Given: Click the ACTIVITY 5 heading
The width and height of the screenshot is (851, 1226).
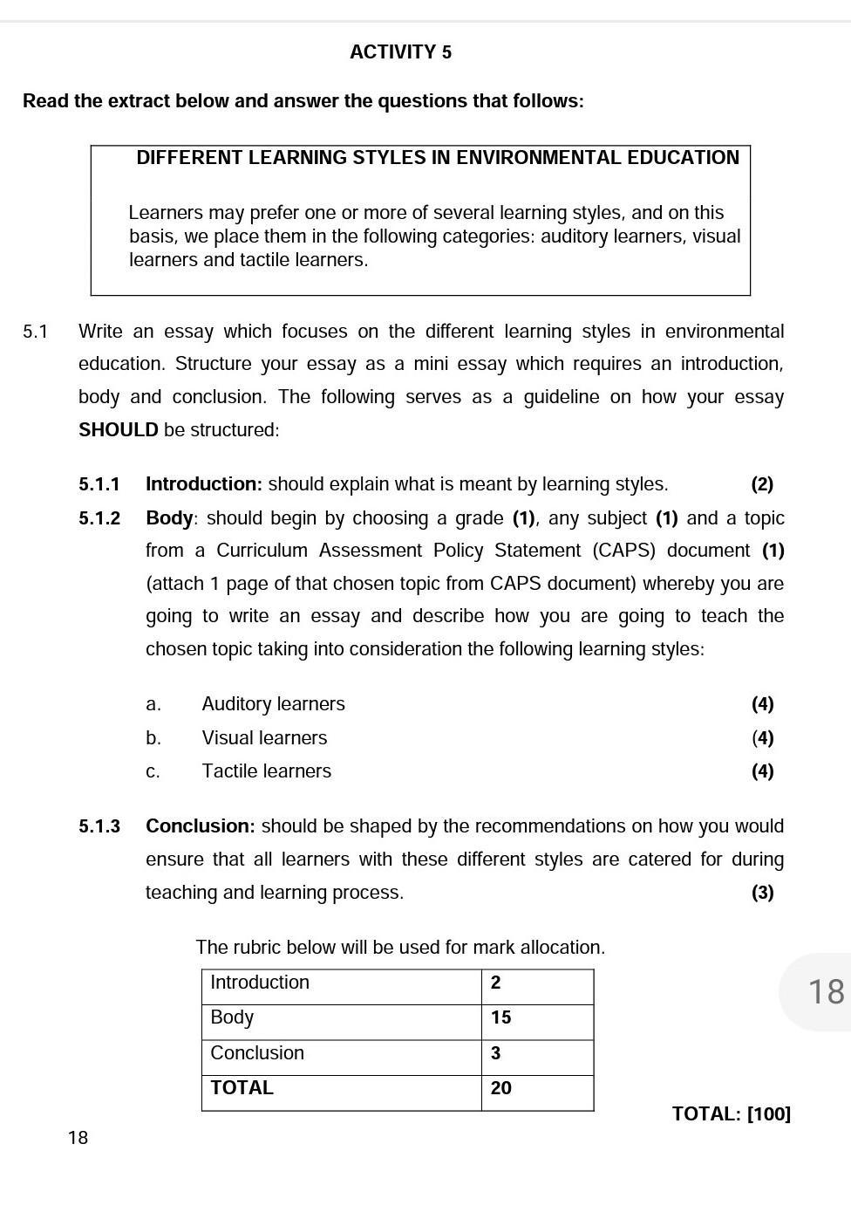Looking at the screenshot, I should click(x=400, y=52).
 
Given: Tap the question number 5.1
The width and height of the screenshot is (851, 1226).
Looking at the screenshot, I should click(x=36, y=332).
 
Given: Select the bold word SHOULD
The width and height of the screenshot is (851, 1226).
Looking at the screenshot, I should click(x=119, y=430).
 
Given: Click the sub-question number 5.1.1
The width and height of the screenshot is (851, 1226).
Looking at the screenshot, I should click(x=99, y=484).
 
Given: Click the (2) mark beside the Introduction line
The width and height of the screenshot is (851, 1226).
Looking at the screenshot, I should click(x=762, y=484).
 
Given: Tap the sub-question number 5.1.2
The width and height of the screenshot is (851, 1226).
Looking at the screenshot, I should click(x=99, y=518).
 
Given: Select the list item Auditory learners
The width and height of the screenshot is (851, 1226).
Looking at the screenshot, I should click(x=273, y=704).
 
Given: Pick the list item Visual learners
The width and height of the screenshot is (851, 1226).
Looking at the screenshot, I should click(x=264, y=738).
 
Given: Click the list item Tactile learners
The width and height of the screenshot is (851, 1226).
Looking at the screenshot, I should click(x=266, y=771).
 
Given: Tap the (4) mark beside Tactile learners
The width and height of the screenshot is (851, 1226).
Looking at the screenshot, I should click(x=762, y=771).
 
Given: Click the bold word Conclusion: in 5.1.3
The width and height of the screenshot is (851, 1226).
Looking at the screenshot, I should click(x=201, y=826).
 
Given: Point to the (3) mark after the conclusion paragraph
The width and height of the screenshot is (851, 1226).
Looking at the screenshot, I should click(x=762, y=893).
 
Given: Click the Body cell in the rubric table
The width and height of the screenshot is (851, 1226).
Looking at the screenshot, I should click(x=232, y=1017).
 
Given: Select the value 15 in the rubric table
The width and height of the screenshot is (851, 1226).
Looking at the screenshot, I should click(x=500, y=1017).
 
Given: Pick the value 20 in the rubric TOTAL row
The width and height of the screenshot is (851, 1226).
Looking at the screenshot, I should click(x=500, y=1088).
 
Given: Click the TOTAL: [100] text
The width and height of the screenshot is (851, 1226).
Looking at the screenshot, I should click(x=731, y=1114).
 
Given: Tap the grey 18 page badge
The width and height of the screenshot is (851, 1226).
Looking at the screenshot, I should click(x=825, y=992).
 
